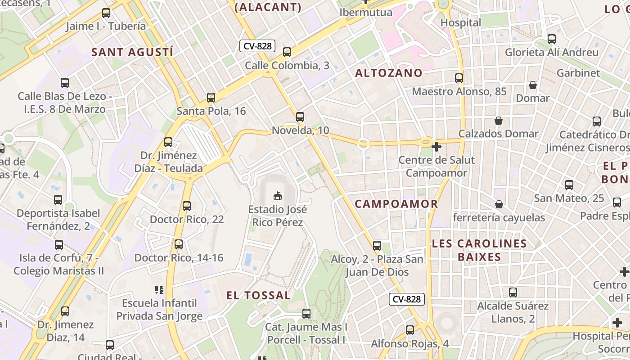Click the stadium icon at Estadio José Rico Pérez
pos(278,196)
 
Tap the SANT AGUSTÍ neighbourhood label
pos(132,52)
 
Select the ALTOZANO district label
pos(389,73)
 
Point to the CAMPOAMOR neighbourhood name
pos(396,204)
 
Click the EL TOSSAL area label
pos(258,295)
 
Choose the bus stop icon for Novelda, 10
pos(300,117)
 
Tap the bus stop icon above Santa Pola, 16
pos(211,97)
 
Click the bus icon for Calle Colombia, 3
pos(287,52)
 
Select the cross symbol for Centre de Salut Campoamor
pos(436,146)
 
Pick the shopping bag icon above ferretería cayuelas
pos(499,204)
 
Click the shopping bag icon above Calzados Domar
pos(499,120)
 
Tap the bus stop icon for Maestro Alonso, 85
pos(459,78)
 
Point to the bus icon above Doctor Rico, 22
pos(187,206)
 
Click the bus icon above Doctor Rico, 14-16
pos(179,244)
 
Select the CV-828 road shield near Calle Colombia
pos(257,46)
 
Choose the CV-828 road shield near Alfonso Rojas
pos(407,299)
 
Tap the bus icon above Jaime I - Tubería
pos(106,13)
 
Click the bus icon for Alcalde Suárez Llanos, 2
pos(513,292)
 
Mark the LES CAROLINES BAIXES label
pos(479,250)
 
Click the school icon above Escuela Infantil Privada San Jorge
pos(159,289)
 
